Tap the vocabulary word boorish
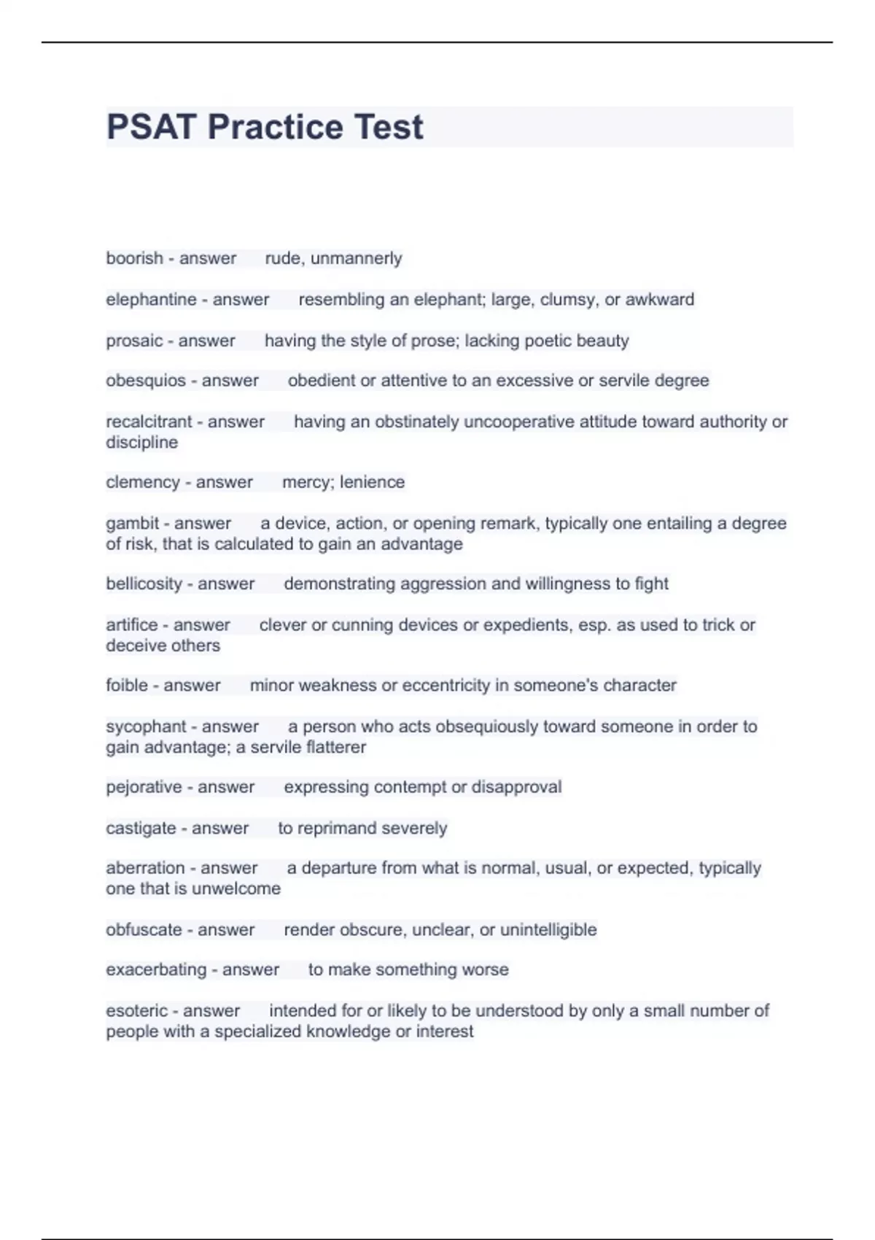point(134,258)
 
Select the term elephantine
point(151,299)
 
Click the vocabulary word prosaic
point(134,341)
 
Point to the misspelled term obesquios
point(146,381)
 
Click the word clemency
point(143,482)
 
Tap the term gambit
point(132,523)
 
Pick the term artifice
point(131,625)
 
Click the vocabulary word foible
point(127,686)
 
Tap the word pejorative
point(144,787)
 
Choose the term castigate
point(141,829)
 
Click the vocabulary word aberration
point(145,868)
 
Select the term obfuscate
point(144,930)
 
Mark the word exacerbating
point(156,970)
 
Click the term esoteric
point(136,1011)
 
